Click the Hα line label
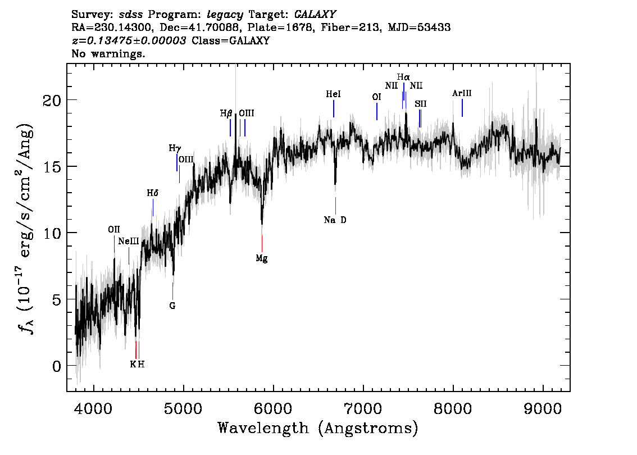pos(403,77)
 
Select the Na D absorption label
pos(335,220)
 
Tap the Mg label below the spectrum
pos(262,259)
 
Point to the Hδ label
pos(153,193)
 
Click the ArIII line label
pos(462,93)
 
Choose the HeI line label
pos(334,94)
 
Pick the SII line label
pos(421,104)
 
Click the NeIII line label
pos(129,242)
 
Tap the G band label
pos(172,306)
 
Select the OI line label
pos(376,97)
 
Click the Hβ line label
pos(226,113)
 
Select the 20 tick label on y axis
pos(52,100)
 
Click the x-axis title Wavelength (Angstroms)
pos(318,429)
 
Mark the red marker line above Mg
pos(262,243)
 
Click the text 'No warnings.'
pos(108,54)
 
